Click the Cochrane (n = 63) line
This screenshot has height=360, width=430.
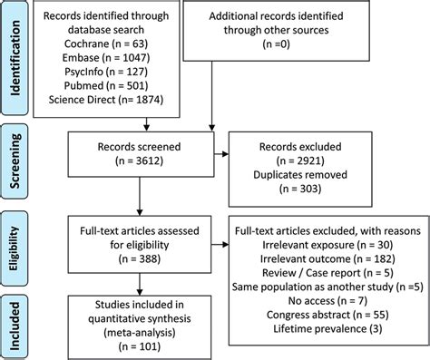103,42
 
